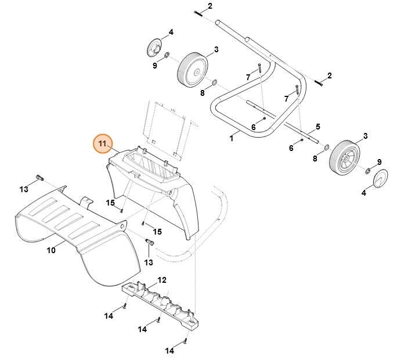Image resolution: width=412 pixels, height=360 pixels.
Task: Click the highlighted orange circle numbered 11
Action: (x=103, y=143)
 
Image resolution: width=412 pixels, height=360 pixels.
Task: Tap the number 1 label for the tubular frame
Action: (x=231, y=138)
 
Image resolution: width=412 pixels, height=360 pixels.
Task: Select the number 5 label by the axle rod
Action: (x=317, y=127)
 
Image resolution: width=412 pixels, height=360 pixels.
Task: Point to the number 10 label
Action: (x=51, y=251)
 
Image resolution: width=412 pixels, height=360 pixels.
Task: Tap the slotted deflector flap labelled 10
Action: (x=75, y=232)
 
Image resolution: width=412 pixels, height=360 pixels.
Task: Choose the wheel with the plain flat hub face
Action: (x=192, y=69)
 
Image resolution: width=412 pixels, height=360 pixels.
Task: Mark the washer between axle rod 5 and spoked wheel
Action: (x=326, y=147)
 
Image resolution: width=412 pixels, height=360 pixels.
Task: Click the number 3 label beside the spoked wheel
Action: (x=365, y=136)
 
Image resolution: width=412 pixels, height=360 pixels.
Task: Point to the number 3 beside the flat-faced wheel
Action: (x=216, y=49)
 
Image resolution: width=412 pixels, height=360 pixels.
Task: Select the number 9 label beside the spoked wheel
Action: (x=379, y=161)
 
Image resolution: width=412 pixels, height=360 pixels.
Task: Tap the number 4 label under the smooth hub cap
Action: (x=364, y=193)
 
